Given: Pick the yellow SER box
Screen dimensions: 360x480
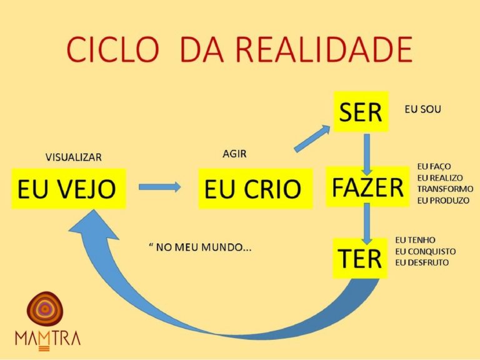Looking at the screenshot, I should coord(360,112).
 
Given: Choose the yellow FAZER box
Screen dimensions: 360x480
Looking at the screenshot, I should coord(367,187).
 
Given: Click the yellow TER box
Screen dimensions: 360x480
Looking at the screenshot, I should coord(361,257).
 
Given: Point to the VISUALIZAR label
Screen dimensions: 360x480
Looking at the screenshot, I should coord(74,157).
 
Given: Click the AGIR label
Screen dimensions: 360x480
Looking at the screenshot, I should coord(235,154).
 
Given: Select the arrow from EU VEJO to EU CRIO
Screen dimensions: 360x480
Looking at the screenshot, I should coord(159,186).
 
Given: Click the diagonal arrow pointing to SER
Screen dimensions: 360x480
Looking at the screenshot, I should coord(312,139).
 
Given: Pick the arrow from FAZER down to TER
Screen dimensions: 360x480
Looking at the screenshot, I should coord(367,222).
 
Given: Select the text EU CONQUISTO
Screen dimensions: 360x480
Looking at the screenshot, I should coord(426,251).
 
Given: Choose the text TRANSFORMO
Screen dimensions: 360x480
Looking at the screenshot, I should coord(444,189).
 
